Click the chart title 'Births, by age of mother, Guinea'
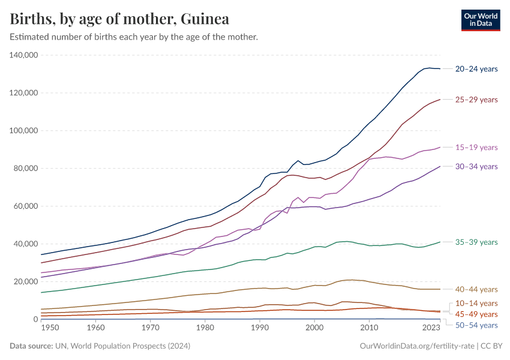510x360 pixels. pyautogui.click(x=119, y=19)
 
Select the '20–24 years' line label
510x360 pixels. pyautogui.click(x=476, y=69)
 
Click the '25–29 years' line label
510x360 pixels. pyautogui.click(x=476, y=100)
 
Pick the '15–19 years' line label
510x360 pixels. pyautogui.click(x=476, y=148)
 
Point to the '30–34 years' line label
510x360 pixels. pyautogui.click(x=476, y=167)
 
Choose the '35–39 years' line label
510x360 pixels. pyautogui.click(x=476, y=242)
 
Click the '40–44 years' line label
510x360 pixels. pyautogui.click(x=476, y=290)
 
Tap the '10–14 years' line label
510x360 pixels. pyautogui.click(x=476, y=304)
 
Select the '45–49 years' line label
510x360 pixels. pyautogui.click(x=476, y=314)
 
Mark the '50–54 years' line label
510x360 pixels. pyautogui.click(x=476, y=326)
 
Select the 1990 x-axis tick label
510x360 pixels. pyautogui.click(x=260, y=328)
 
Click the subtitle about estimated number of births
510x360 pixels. pyautogui.click(x=134, y=37)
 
